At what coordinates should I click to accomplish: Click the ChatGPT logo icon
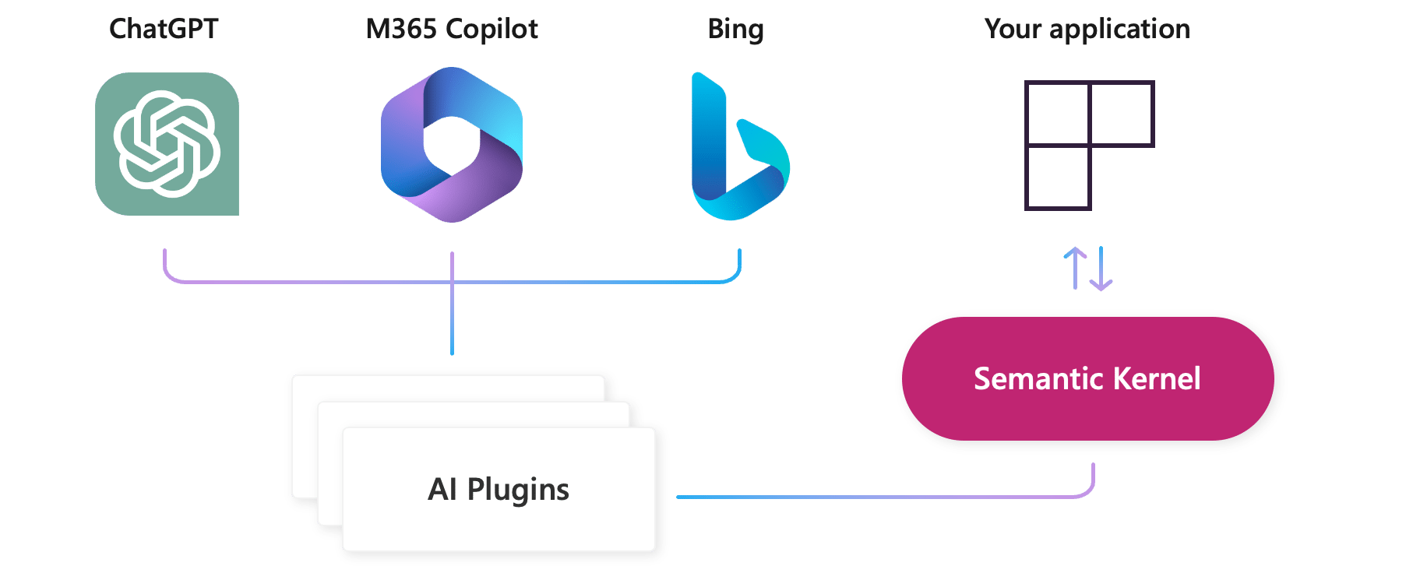point(167,144)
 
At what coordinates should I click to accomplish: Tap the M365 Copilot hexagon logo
point(452,145)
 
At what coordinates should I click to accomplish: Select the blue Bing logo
point(738,148)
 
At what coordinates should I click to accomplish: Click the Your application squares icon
point(1088,145)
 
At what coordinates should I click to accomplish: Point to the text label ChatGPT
point(164,29)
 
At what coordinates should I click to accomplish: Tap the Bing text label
point(735,29)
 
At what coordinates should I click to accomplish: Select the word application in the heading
point(1119,30)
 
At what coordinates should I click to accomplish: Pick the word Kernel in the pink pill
point(1157,378)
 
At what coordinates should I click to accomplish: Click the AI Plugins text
point(499,489)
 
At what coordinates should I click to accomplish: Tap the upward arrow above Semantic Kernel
point(1075,268)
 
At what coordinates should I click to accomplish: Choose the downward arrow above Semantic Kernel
point(1101,269)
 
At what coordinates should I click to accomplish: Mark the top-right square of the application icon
point(1121,113)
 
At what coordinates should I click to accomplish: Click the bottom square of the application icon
point(1057,178)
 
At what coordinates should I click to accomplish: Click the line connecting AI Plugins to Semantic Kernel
point(880,496)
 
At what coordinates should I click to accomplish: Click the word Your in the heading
point(1013,29)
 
